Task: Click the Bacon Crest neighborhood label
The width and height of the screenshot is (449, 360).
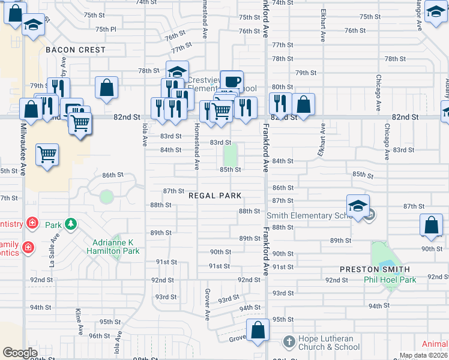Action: (76, 50)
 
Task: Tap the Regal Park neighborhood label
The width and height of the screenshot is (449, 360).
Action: (215, 196)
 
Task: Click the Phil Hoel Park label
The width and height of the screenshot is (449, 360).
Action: (390, 280)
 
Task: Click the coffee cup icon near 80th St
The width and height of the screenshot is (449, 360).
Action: (231, 82)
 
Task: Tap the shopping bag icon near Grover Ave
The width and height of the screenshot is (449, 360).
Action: (258, 330)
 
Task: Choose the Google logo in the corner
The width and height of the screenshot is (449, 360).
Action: (20, 353)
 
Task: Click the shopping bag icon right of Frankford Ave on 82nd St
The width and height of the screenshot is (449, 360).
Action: (304, 104)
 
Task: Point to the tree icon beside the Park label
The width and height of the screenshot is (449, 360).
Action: (71, 224)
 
